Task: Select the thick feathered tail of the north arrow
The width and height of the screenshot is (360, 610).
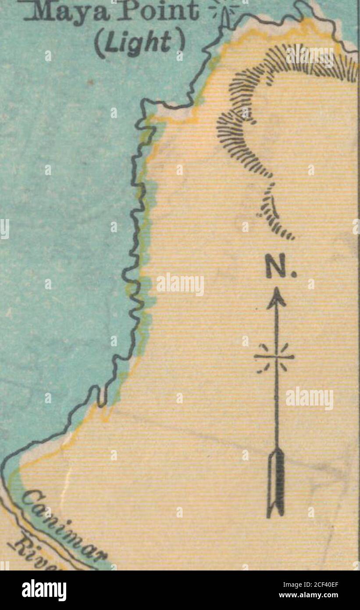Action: pyautogui.click(x=276, y=483)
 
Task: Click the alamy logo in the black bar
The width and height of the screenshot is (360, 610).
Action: pyautogui.click(x=44, y=590)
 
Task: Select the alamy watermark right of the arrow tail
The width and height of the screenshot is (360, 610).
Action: pyautogui.click(x=310, y=398)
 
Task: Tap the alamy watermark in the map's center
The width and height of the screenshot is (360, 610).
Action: pyautogui.click(x=180, y=284)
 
